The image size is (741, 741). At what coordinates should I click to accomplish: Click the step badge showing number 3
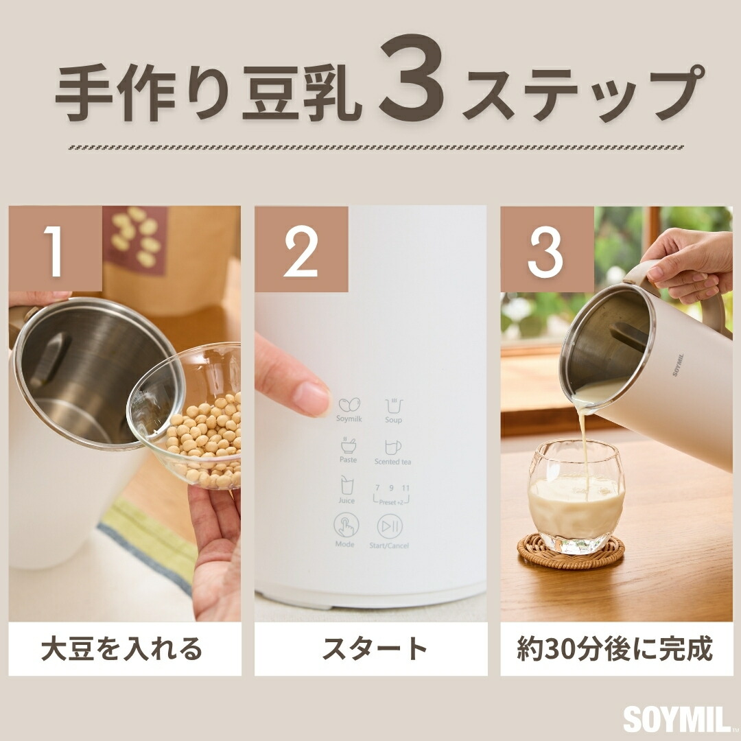546,250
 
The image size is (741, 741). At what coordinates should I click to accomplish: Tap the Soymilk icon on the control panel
349,405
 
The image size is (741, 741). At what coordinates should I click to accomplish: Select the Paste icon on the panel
348,446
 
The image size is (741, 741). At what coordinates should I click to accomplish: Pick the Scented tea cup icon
392,447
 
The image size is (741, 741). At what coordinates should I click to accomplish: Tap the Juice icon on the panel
346,486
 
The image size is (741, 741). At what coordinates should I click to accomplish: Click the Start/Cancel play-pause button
390,527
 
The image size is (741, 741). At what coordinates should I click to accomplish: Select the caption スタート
370,648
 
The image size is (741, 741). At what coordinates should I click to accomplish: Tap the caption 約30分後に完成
615,648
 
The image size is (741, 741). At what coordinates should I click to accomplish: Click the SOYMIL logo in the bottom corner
677,719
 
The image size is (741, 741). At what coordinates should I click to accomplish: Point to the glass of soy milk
576,494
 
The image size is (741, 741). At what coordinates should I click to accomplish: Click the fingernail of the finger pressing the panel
311,397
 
